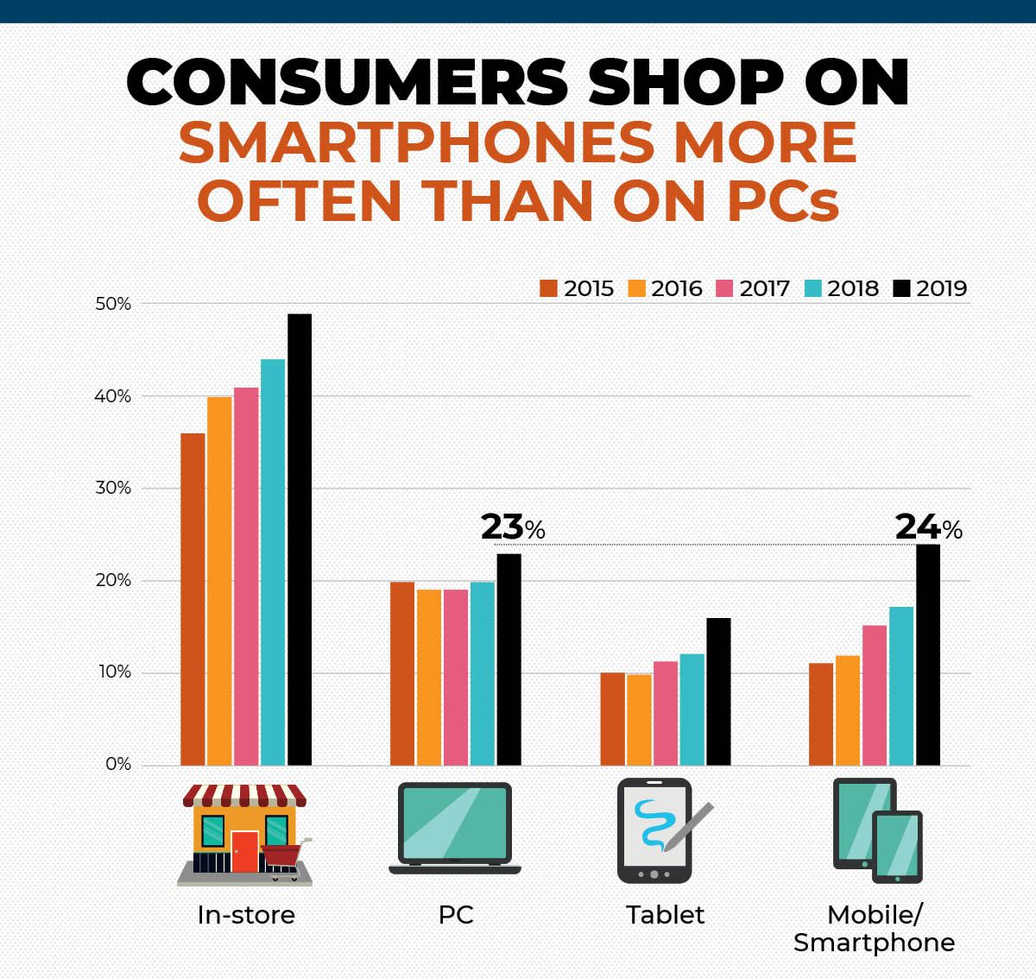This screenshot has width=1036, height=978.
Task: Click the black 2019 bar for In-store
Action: click(x=300, y=539)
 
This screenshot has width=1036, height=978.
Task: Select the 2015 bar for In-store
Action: click(x=193, y=599)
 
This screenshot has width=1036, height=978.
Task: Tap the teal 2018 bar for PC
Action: click(x=482, y=673)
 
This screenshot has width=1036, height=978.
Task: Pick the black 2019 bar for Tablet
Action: click(x=718, y=691)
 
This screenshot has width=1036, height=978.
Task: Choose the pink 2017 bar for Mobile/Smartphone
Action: click(x=875, y=695)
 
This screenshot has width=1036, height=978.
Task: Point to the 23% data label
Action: click(x=512, y=527)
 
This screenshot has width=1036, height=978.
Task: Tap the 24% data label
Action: click(x=928, y=527)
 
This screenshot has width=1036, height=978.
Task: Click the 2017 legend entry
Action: click(x=754, y=288)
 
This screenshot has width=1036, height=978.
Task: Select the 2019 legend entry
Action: click(x=931, y=288)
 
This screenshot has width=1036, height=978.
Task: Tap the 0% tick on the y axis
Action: click(x=118, y=765)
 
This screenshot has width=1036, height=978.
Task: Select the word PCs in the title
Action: click(x=777, y=201)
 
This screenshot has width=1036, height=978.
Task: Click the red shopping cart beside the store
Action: click(x=285, y=858)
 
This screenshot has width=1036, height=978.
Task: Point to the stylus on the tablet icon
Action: click(x=689, y=825)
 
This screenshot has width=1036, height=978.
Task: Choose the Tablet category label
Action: click(x=665, y=915)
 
